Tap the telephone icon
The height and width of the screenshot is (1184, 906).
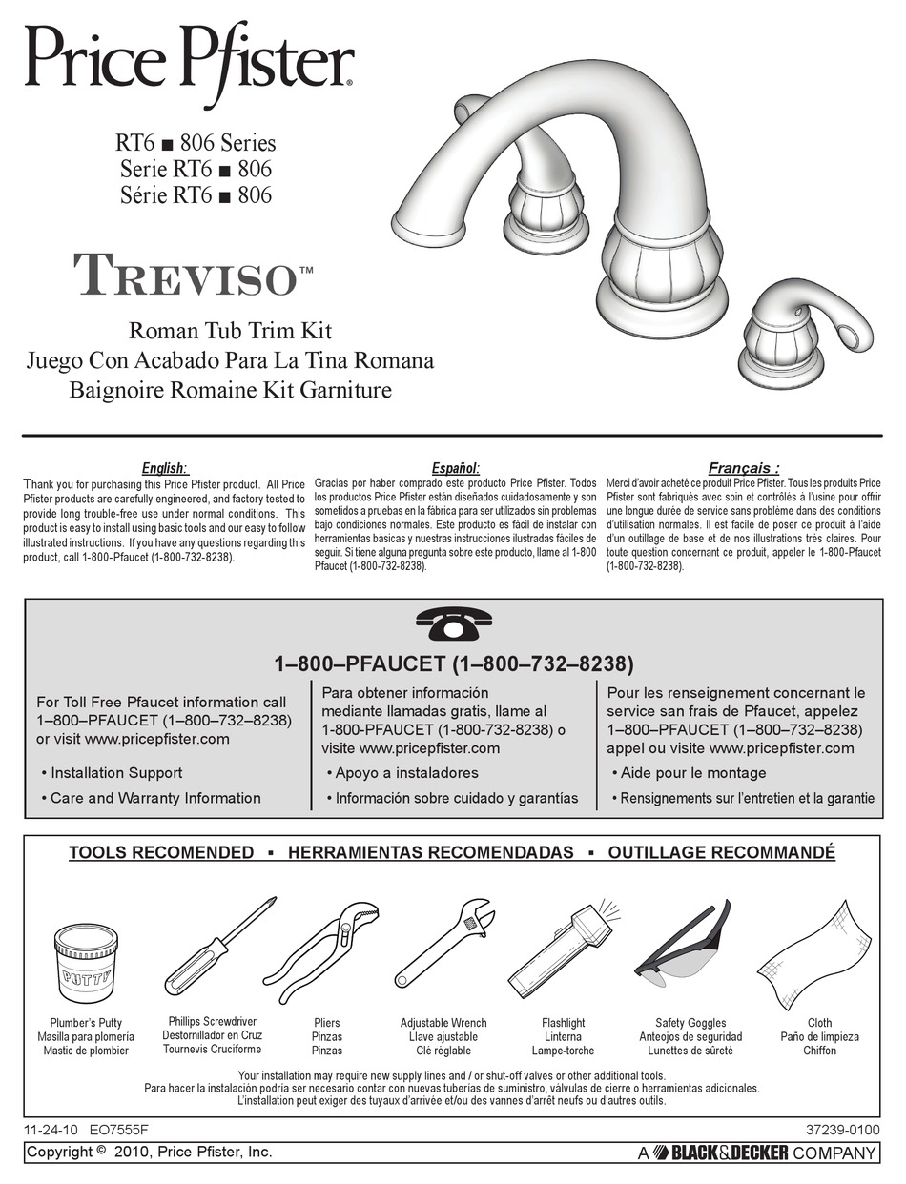tap(453, 625)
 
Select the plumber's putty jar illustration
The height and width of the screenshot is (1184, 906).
tap(86, 962)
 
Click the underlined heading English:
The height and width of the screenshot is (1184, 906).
tap(165, 468)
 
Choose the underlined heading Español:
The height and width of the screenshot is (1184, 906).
tap(455, 468)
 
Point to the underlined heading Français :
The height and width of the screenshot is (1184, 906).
tap(744, 468)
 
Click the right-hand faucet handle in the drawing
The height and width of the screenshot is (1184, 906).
tap(805, 336)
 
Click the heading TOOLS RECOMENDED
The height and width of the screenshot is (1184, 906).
tap(161, 853)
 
